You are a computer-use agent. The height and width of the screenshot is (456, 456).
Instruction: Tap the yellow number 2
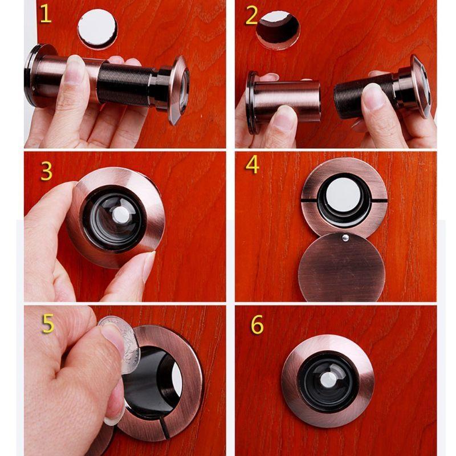coord(252,16)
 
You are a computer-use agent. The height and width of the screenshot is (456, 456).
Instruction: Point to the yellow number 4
coord(253,165)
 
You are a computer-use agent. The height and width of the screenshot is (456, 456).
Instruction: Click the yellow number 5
coord(48,323)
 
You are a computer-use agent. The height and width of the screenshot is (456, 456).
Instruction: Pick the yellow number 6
coord(257,325)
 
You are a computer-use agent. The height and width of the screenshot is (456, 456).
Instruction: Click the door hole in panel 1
coord(97,28)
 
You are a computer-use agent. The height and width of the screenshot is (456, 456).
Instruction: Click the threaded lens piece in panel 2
coord(365,94)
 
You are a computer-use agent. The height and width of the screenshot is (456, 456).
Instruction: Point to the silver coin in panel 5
coord(120,342)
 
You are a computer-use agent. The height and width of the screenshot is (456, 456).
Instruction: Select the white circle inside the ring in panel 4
coord(345,197)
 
